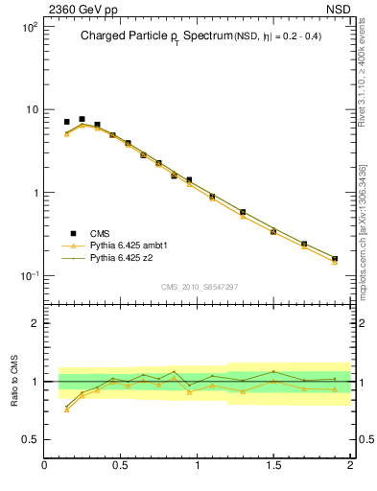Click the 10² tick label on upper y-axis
click(x=29, y=27)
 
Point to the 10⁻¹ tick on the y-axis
click(x=29, y=276)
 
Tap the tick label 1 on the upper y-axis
click(x=35, y=193)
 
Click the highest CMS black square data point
click(x=82, y=119)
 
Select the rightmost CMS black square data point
click(x=335, y=258)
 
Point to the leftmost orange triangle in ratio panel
click(x=67, y=409)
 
